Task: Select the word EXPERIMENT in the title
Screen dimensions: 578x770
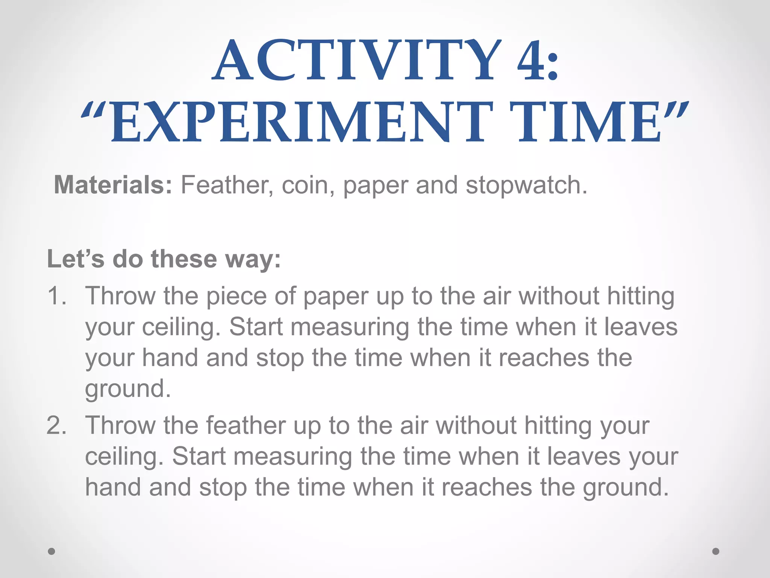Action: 301,123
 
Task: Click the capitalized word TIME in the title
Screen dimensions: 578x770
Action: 588,123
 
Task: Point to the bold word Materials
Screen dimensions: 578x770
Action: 113,185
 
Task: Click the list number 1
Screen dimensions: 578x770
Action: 56,296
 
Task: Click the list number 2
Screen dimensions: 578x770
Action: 56,426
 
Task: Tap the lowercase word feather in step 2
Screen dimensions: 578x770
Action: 246,426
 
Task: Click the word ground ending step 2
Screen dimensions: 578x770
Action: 626,487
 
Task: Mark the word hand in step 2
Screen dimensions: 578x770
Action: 113,487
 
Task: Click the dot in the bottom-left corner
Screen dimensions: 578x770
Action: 52,551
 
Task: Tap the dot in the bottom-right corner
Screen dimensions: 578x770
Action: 716,551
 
